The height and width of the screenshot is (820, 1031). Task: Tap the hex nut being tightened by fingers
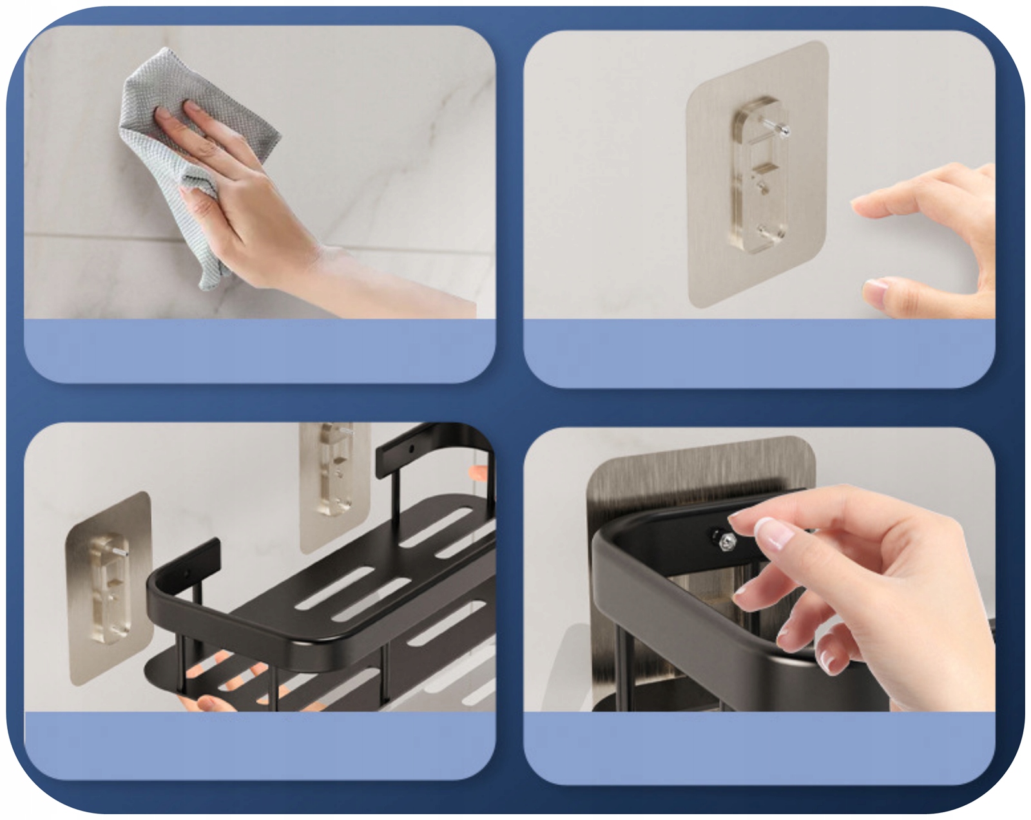point(727,542)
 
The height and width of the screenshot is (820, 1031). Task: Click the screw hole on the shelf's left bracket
point(186,573)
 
